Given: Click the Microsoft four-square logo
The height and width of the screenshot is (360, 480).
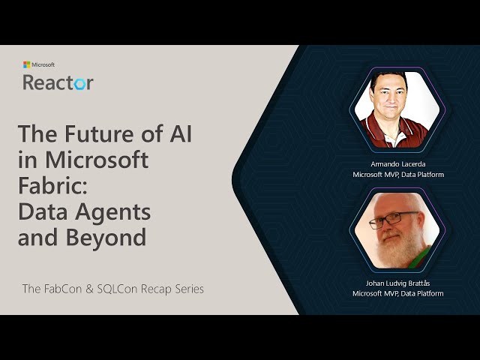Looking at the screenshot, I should coord(26,65).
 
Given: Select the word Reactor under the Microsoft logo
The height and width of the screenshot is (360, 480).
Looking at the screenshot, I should coord(58,82).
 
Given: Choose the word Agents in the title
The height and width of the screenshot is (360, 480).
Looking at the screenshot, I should coord(113,211).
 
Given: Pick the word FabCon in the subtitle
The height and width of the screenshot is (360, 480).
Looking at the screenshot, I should coord(69,289).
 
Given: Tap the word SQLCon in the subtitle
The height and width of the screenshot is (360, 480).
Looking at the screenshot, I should coord(127,289).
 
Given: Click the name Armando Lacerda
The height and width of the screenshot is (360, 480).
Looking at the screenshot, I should coord(397,163).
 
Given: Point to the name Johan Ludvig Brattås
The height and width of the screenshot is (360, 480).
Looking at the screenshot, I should coord(397,283).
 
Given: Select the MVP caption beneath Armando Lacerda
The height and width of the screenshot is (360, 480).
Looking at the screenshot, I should coord(397,175).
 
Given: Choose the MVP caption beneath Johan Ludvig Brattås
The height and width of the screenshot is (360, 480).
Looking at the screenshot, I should coord(397,293).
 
